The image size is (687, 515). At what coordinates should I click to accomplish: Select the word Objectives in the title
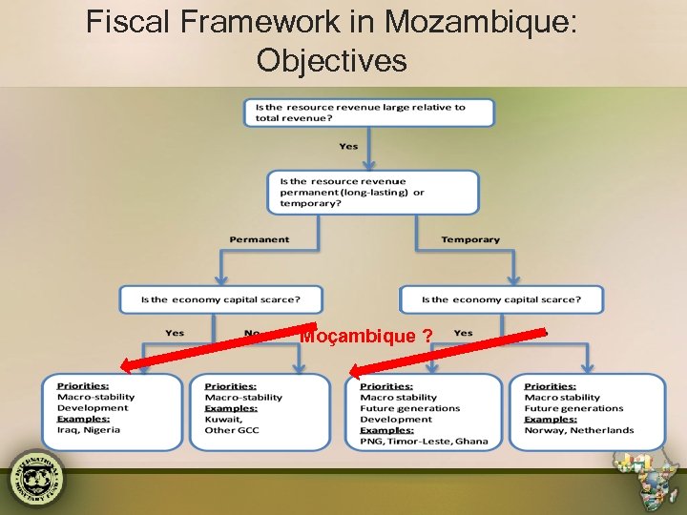(331, 60)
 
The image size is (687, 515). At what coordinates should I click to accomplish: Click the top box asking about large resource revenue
(369, 113)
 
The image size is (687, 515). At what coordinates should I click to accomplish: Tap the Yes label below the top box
(348, 146)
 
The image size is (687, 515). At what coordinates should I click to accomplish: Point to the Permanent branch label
(259, 239)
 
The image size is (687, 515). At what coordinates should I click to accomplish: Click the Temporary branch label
(469, 239)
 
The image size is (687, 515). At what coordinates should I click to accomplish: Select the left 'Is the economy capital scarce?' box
(220, 299)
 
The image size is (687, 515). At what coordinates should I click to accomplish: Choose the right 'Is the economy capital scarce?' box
(501, 299)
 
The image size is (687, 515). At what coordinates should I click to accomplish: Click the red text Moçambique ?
(364, 336)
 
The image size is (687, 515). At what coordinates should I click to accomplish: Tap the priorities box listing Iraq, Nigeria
(112, 411)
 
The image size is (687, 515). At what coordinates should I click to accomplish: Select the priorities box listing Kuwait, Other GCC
(259, 411)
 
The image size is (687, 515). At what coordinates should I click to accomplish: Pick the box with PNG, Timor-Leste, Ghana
(423, 412)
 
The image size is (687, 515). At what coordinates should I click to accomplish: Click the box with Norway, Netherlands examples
(587, 411)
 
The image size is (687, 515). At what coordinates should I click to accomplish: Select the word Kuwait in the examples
(223, 419)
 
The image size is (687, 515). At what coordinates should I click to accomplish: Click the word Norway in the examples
(543, 430)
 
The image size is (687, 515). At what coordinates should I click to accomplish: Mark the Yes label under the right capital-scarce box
(463, 333)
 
